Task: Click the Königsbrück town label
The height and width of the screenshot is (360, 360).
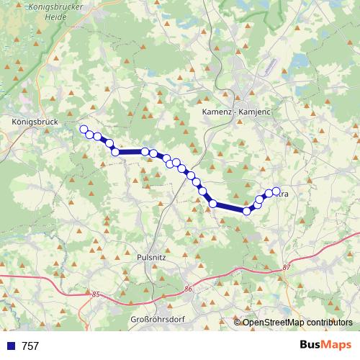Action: (x=35, y=122)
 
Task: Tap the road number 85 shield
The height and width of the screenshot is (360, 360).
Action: (x=95, y=294)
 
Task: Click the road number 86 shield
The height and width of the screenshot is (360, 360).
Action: (x=189, y=289)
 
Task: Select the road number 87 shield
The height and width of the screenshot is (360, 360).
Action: (x=287, y=268)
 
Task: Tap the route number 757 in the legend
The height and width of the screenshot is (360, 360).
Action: (x=30, y=346)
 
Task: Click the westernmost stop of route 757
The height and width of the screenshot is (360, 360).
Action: (x=83, y=130)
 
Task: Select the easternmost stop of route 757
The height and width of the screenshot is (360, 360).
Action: (x=276, y=192)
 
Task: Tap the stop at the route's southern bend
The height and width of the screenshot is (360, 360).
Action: (x=247, y=210)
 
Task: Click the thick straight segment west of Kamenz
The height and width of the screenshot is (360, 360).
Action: (x=130, y=152)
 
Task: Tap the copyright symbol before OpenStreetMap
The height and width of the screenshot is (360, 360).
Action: (x=238, y=323)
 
